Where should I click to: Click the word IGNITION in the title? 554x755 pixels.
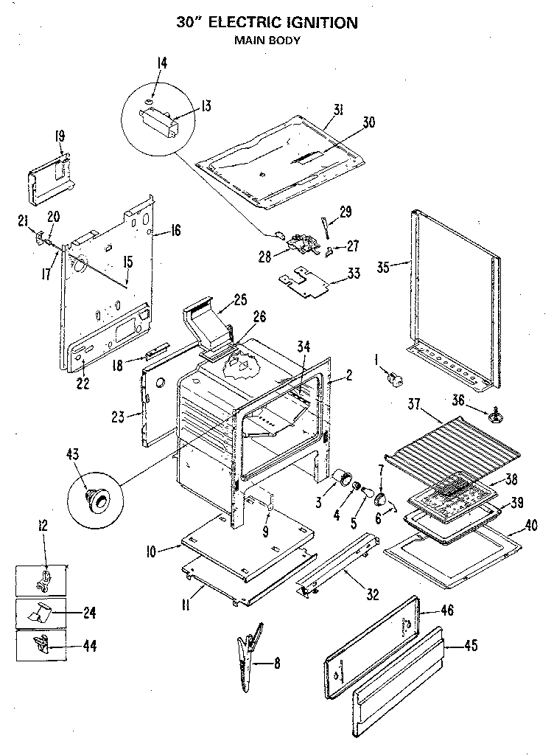click(x=318, y=23)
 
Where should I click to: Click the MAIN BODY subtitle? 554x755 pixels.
click(x=267, y=41)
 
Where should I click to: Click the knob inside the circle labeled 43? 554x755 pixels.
click(x=95, y=499)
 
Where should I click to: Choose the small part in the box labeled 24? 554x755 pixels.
click(x=43, y=612)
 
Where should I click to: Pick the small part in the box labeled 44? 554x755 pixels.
click(x=43, y=644)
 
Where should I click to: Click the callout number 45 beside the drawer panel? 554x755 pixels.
click(x=471, y=647)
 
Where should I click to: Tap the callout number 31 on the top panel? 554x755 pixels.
click(x=337, y=110)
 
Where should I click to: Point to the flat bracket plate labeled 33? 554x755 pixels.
click(x=305, y=281)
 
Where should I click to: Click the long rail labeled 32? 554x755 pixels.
click(x=337, y=567)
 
